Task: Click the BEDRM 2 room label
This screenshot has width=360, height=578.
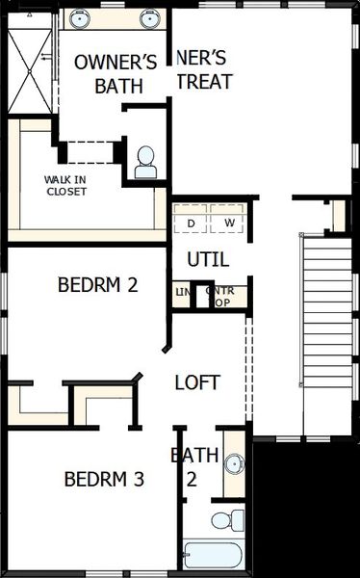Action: [x=99, y=285]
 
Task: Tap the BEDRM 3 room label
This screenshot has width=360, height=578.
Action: [x=104, y=479]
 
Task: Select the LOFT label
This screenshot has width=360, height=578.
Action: [x=196, y=382]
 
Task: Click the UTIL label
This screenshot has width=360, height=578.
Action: [x=208, y=259]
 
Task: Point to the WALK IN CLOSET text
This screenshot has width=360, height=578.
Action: [x=66, y=185]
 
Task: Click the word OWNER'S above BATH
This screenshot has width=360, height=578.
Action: [x=116, y=63]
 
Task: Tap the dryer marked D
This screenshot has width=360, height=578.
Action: [x=191, y=223]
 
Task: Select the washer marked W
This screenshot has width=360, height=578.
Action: [x=229, y=223]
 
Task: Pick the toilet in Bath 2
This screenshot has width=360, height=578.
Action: [x=222, y=521]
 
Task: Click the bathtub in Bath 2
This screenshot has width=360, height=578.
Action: [x=214, y=557]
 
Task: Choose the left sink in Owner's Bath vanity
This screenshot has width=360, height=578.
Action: [x=78, y=17]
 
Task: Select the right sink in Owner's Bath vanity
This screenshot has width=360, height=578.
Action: [x=149, y=17]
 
